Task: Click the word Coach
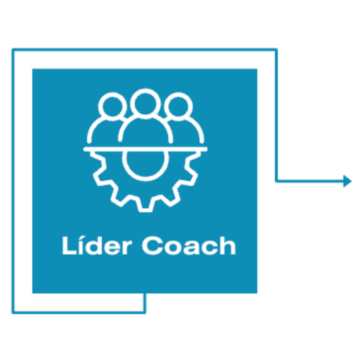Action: [x=189, y=245]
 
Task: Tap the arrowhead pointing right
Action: [x=347, y=181]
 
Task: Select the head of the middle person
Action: [x=145, y=104]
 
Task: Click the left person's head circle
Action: [x=112, y=107]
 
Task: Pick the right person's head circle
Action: [x=178, y=107]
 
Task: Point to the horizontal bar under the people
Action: [x=145, y=149]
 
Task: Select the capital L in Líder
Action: [x=69, y=245]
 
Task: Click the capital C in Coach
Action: [x=153, y=245]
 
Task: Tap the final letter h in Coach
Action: [x=228, y=245]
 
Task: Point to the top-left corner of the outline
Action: [x=13, y=50]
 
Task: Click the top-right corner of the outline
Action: [x=276, y=50]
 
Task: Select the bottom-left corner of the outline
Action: [x=13, y=312]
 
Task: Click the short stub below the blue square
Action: [x=145, y=303]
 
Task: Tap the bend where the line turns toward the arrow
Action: [x=276, y=181]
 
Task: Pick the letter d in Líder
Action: [x=94, y=246]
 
